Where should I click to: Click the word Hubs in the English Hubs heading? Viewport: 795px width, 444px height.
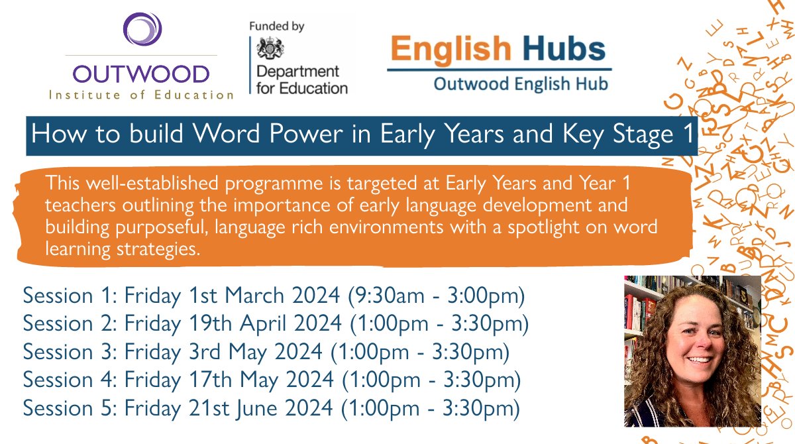pyautogui.click(x=564, y=49)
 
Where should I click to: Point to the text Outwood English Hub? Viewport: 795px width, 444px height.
pyautogui.click(x=520, y=84)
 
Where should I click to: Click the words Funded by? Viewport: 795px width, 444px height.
pyautogui.click(x=276, y=27)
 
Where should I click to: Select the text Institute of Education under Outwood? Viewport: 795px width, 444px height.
pyautogui.click(x=142, y=94)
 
